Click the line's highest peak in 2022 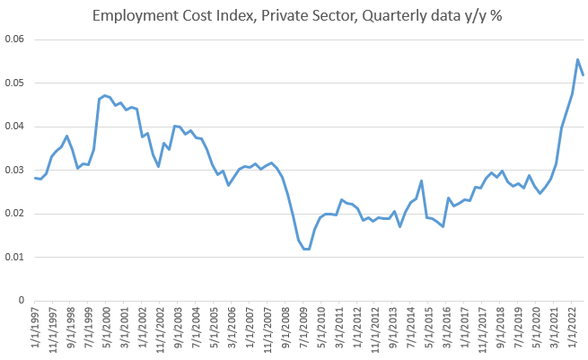(x=577, y=60)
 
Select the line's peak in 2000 (x=105, y=95)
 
